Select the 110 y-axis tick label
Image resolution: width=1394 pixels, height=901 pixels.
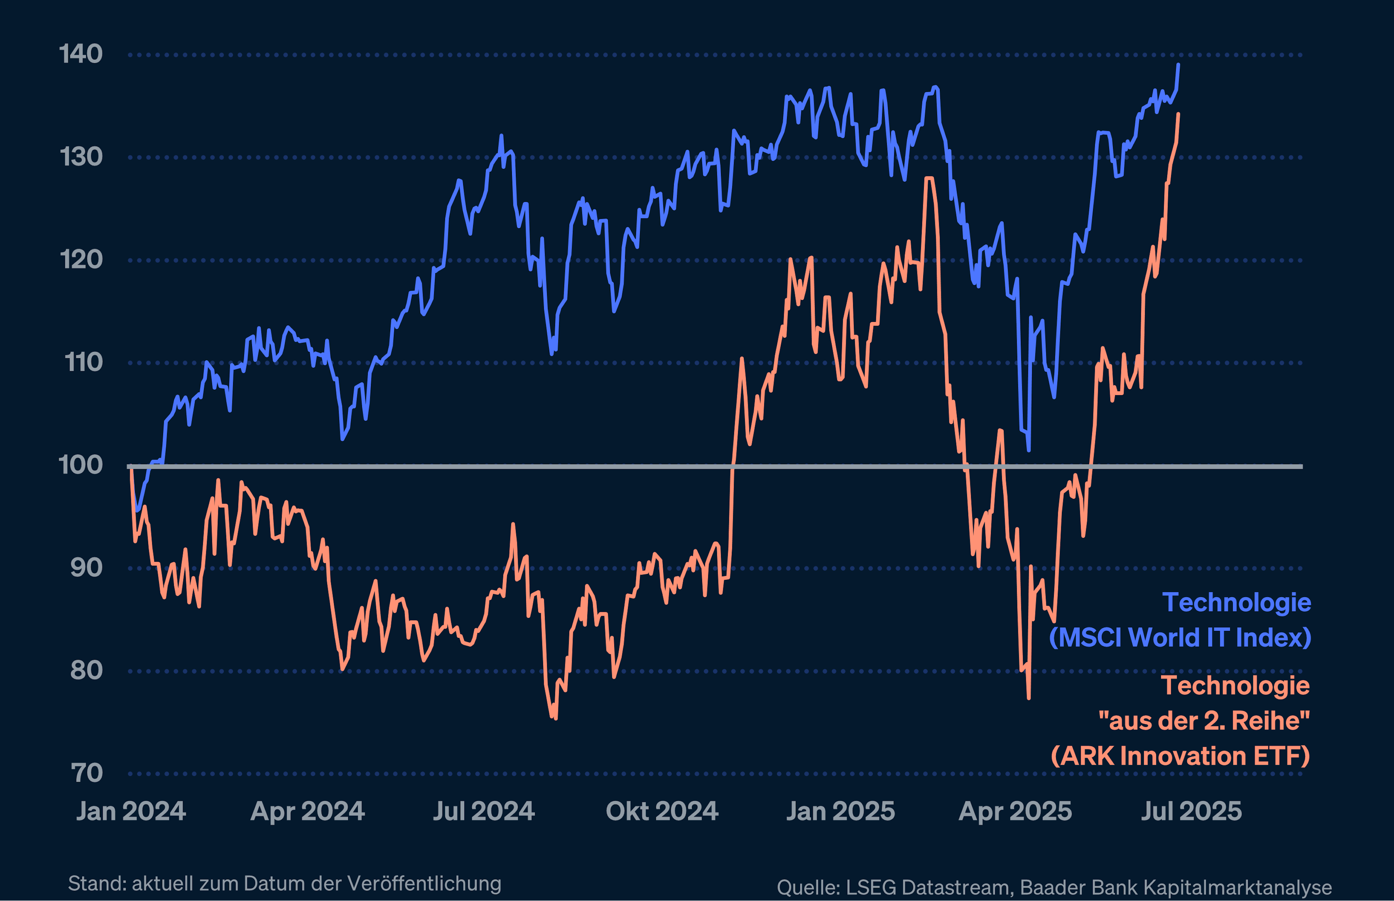coord(83,362)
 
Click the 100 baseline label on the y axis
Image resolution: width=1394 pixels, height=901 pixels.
coord(80,465)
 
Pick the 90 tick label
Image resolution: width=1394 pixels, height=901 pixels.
coord(86,568)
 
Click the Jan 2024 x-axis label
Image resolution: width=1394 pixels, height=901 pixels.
coord(131,811)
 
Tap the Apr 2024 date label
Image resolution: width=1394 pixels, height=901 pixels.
coord(307,811)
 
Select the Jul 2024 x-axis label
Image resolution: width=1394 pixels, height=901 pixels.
coord(484,811)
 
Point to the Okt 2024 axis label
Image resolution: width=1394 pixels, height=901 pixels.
coord(662,811)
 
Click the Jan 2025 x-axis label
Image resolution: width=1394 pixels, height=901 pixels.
coord(840,811)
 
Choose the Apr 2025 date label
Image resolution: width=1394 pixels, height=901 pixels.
coord(1015,811)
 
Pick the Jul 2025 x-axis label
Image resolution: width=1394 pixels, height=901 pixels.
coord(1191,811)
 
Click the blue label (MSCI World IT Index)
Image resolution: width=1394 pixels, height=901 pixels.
coord(1180,638)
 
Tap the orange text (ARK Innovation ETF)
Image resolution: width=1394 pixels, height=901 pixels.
coord(1180,756)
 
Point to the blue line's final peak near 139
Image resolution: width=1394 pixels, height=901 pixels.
coord(1178,65)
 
